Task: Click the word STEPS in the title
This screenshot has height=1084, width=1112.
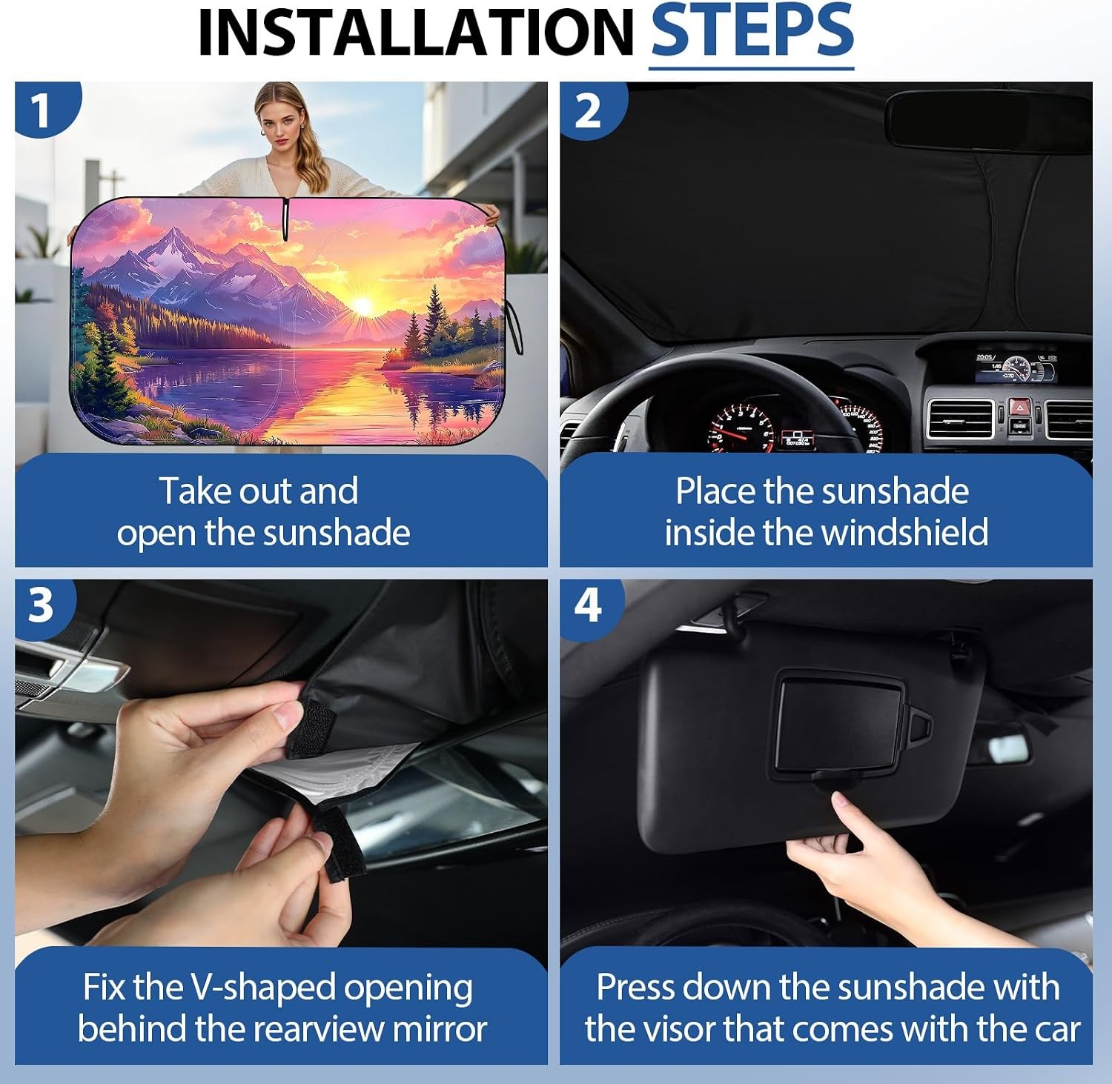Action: coord(752,32)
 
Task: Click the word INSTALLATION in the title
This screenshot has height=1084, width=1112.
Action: coord(417,33)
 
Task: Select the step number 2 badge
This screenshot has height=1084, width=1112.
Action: coord(589,110)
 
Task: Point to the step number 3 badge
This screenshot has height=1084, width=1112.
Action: coord(42,605)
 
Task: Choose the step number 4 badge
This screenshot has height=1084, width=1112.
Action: coord(589,605)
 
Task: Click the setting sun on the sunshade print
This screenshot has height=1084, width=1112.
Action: coord(363,305)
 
